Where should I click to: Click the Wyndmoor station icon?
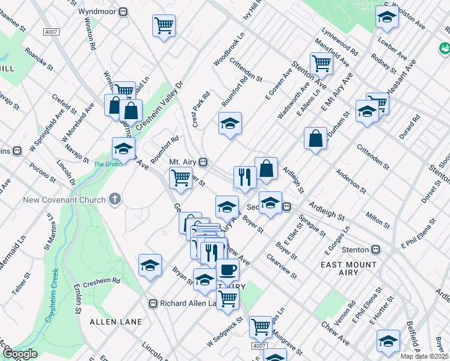point(123,11)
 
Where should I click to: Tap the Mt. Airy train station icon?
point(204,162)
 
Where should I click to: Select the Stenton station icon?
point(376,249)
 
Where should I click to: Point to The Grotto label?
point(105,163)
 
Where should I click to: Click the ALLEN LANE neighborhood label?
point(116,322)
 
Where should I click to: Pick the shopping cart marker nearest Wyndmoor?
point(164,25)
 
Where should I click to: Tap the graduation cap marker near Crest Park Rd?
point(229,123)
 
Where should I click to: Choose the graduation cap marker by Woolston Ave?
point(387,17)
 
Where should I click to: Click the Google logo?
point(19,353)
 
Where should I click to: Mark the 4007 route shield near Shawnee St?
point(52,31)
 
